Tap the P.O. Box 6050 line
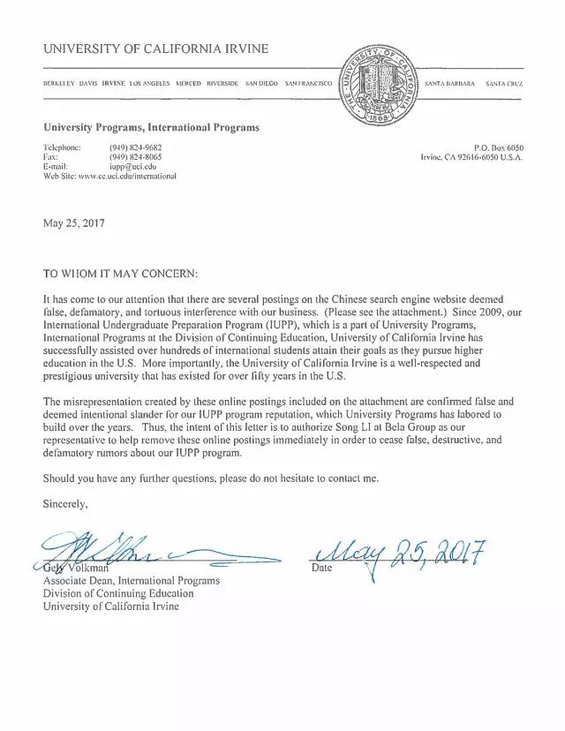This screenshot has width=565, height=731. click(499, 147)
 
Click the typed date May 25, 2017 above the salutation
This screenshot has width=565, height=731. click(73, 223)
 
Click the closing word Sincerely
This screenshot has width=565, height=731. click(65, 504)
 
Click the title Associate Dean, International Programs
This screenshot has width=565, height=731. click(132, 581)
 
